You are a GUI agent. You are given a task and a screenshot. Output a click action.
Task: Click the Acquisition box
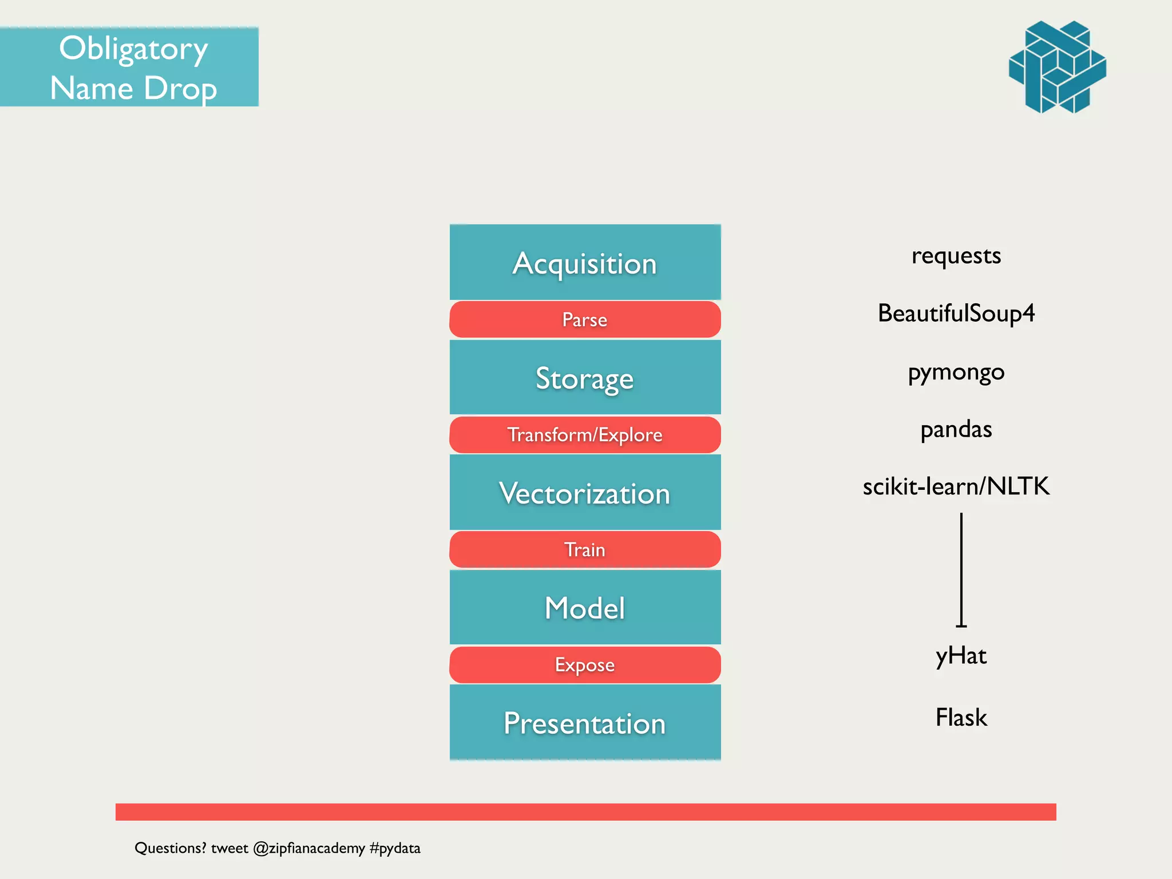[585, 263]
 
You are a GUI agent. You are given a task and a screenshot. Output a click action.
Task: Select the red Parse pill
[585, 319]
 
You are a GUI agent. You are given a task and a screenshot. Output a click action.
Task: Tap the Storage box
[585, 378]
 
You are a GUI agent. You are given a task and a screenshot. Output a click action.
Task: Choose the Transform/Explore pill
[585, 435]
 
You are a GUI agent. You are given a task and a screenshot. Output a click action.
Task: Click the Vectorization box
[585, 493]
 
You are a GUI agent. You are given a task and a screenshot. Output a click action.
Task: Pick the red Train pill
[585, 549]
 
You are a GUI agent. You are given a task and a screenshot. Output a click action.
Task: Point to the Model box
[585, 608]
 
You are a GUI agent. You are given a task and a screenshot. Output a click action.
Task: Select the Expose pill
[585, 665]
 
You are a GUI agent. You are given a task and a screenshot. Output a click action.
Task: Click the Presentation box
[585, 723]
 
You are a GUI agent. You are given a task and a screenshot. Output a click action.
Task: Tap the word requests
[956, 256]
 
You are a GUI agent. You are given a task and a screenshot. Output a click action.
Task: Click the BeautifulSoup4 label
[956, 314]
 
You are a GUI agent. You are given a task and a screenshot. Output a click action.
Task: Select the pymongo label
[956, 372]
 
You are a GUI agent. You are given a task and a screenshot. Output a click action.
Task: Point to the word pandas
[956, 429]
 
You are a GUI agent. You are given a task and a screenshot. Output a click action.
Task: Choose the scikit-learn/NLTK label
[956, 486]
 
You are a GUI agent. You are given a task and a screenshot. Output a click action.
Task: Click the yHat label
[961, 656]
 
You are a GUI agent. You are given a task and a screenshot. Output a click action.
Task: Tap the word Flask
[961, 718]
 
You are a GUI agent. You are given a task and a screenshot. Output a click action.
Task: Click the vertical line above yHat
[961, 569]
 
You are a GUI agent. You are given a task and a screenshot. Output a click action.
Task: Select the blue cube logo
[1058, 67]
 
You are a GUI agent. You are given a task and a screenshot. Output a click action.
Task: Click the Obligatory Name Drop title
[133, 68]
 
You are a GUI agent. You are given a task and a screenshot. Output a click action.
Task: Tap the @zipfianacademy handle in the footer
[309, 848]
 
